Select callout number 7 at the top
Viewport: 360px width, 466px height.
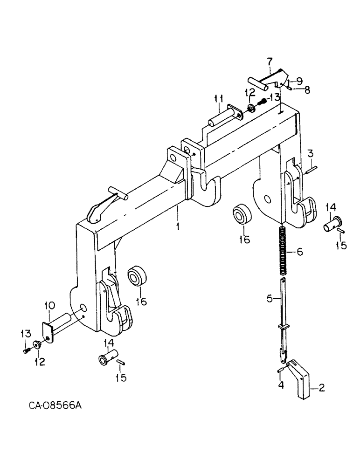tap(269, 61)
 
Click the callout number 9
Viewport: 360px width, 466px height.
tap(299, 80)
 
